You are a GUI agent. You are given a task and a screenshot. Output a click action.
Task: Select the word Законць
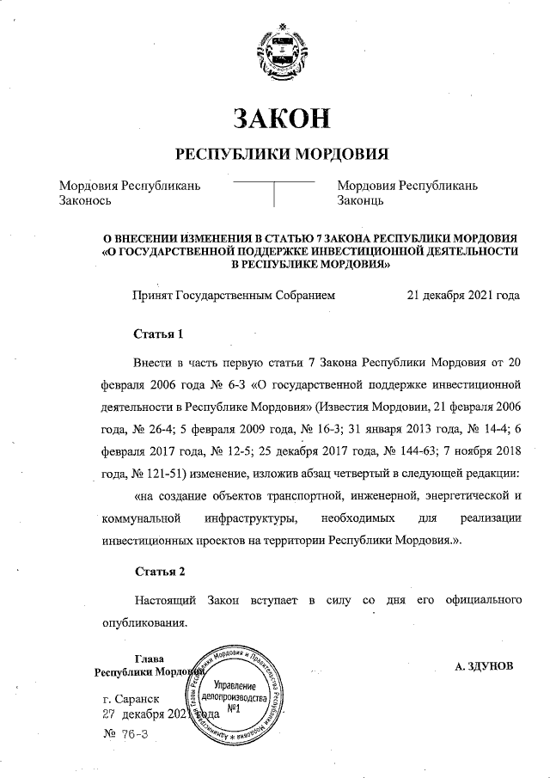[360, 201]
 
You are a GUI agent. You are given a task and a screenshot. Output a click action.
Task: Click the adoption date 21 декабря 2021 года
[463, 295]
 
